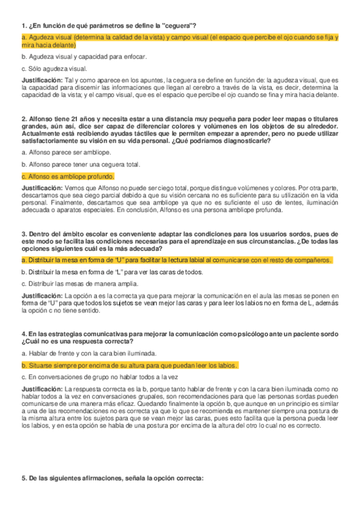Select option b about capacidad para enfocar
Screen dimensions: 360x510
pyautogui.click(x=84, y=57)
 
